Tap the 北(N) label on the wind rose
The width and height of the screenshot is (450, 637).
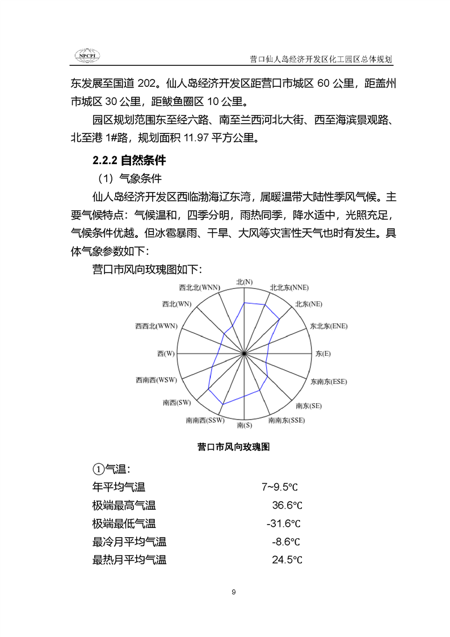[x=245, y=282]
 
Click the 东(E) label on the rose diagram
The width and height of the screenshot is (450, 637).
[x=323, y=354]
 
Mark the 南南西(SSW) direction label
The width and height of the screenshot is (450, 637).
[x=205, y=421]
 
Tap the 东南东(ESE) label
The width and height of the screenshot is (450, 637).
[x=328, y=381]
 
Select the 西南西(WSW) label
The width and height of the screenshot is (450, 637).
[x=156, y=380]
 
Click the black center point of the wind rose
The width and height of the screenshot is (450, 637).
[x=245, y=354]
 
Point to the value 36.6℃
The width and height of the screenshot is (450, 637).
[x=287, y=505]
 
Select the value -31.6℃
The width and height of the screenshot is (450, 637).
[x=283, y=523]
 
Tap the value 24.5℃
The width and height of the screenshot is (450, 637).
[x=287, y=560]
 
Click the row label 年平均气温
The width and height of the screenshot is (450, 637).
[x=119, y=487]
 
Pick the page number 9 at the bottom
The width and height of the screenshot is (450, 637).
[x=234, y=592]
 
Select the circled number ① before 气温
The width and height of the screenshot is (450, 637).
[x=97, y=469]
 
